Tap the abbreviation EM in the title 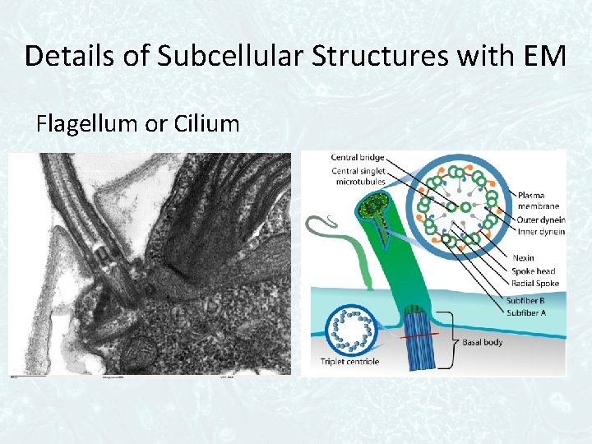coord(543,56)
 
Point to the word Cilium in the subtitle coord(206,124)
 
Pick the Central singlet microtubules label coord(358,176)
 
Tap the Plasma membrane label coord(539,200)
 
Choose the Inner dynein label coord(540,231)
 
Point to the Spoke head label coord(534,271)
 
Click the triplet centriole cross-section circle coord(349,330)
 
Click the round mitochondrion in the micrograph coord(136,352)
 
